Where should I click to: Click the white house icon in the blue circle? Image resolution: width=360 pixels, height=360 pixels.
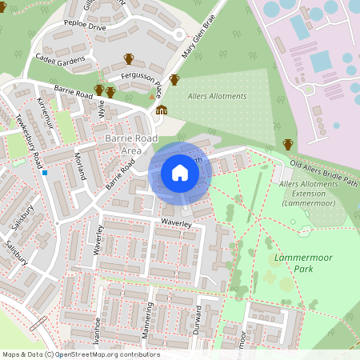[x=180, y=173]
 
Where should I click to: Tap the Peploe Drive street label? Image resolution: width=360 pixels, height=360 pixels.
[x=86, y=26]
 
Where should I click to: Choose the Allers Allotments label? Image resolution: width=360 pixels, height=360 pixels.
[x=218, y=97]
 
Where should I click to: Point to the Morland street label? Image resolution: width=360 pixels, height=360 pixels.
[x=79, y=162]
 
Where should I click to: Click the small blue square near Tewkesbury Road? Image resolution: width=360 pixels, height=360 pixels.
[x=46, y=173]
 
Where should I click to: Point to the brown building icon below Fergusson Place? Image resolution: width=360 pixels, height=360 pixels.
[x=162, y=110]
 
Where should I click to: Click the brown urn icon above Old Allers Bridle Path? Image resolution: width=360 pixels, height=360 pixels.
[x=288, y=144]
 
